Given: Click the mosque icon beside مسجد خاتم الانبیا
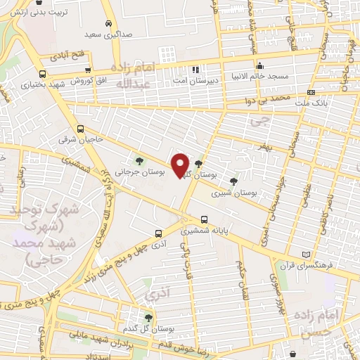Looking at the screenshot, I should coord(259,65).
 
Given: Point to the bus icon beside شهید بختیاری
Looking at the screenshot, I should coord(43,74).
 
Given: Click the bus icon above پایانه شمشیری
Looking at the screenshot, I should coord(205,219).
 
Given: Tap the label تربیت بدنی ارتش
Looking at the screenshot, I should coord(41,13).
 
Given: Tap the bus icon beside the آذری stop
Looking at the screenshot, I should coord(158,233).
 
